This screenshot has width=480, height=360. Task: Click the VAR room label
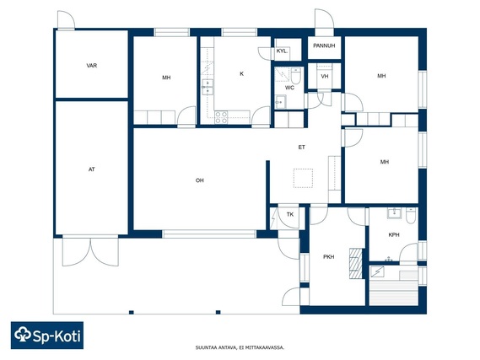pyautogui.click(x=92, y=66)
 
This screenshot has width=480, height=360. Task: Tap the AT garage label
pyautogui.click(x=92, y=169)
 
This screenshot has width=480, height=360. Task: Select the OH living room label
pyautogui.click(x=200, y=180)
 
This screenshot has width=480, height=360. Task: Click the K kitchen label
pyautogui.click(x=242, y=73)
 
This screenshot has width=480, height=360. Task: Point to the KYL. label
pyautogui.click(x=282, y=51)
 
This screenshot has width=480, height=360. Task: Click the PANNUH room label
pyautogui.click(x=324, y=46)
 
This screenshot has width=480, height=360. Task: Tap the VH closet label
pyautogui.click(x=325, y=76)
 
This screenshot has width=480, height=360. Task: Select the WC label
pyautogui.click(x=289, y=88)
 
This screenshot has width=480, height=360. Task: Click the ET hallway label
pyautogui.click(x=302, y=148)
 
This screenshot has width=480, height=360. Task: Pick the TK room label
pyautogui.click(x=290, y=214)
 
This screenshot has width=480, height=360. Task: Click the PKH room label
pyautogui.click(x=329, y=257)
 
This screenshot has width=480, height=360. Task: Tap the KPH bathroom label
pyautogui.click(x=394, y=235)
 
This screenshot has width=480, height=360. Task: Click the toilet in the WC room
pyautogui.click(x=296, y=76)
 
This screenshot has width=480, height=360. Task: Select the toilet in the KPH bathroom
pyautogui.click(x=411, y=216)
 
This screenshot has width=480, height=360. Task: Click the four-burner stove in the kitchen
pyautogui.click(x=221, y=117)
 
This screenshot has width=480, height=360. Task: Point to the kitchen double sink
pyautogui.click(x=208, y=87)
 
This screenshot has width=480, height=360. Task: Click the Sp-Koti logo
pyautogui.click(x=47, y=336)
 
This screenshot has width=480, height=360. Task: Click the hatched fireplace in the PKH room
pyautogui.click(x=356, y=264)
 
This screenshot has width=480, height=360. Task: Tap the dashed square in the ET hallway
pyautogui.click(x=303, y=178)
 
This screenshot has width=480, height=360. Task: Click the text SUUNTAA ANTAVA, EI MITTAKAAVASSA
pyautogui.click(x=240, y=347)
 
